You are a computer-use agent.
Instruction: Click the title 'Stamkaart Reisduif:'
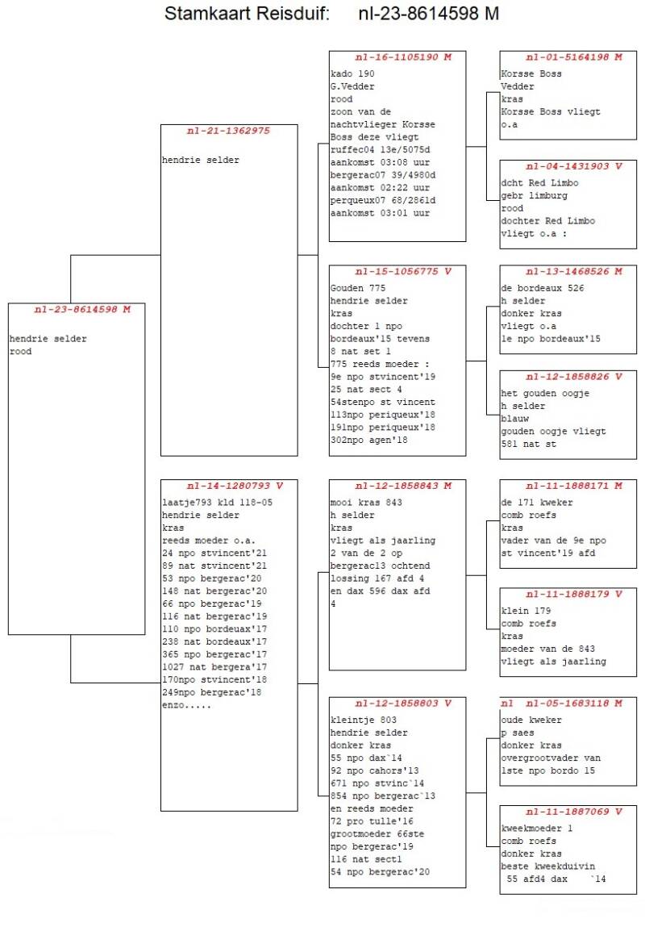(247, 15)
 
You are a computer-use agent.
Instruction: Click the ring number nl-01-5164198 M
(574, 57)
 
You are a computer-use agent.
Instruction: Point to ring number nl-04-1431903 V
(574, 166)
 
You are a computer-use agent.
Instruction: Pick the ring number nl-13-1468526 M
(574, 272)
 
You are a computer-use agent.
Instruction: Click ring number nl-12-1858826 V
(574, 377)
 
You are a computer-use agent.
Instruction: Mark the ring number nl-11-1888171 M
(574, 486)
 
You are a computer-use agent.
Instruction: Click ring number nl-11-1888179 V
(574, 595)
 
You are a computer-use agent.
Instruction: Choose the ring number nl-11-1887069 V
(574, 812)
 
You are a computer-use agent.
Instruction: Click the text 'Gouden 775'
(358, 288)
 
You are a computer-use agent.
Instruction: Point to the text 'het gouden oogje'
(545, 393)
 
